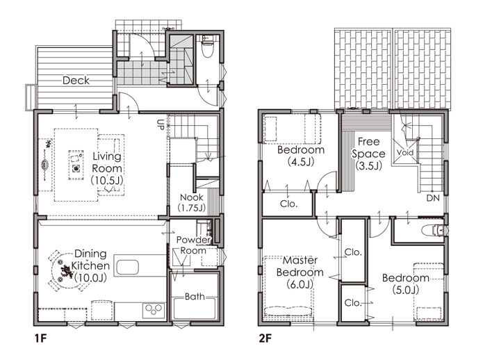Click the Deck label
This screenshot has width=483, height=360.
[76, 81]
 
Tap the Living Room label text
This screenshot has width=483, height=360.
[107, 168]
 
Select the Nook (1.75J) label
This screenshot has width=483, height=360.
[192, 202]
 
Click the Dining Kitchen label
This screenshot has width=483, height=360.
[90, 265]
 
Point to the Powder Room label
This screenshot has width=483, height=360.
[193, 245]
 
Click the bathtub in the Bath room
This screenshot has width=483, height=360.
[195, 309]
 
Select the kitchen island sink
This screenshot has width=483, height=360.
[128, 267]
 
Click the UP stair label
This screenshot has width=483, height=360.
[161, 124]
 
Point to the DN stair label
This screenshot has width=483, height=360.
[433, 198]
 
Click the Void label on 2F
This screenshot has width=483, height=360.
[404, 152]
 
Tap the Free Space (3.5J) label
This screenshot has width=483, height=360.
[368, 154]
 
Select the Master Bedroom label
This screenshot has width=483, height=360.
[300, 272]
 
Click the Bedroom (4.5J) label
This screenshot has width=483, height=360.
[301, 156]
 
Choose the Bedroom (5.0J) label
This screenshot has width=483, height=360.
[405, 284]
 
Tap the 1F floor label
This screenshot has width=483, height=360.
[40, 338]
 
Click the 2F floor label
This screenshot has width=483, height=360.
[265, 338]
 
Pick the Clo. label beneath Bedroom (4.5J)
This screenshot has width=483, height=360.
[289, 204]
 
